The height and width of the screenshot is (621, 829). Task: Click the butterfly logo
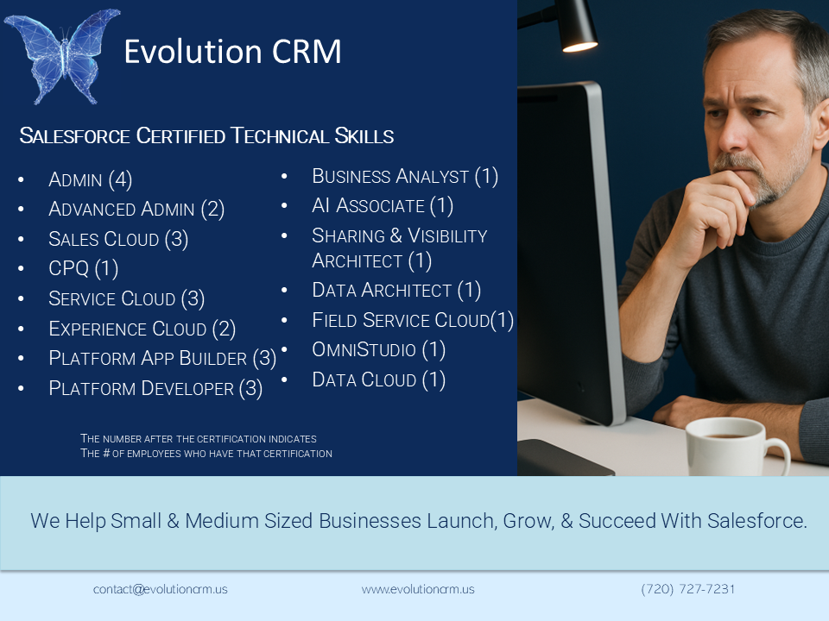click(62, 55)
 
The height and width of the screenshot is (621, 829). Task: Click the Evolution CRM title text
click(232, 52)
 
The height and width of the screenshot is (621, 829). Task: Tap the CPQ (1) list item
click(83, 269)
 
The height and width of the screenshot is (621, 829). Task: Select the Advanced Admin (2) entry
click(136, 209)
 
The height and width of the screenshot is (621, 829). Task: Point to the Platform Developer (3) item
click(155, 389)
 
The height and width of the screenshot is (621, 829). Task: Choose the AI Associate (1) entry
click(383, 206)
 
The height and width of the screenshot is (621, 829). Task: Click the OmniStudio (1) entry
click(378, 349)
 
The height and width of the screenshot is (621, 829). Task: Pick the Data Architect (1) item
click(396, 290)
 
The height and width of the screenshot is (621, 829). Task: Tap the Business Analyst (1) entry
click(405, 176)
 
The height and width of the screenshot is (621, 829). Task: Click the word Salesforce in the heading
click(74, 136)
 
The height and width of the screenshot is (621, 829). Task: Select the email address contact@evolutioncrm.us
click(161, 589)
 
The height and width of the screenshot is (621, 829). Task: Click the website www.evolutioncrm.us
click(418, 589)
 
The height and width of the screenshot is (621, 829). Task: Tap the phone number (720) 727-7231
click(688, 589)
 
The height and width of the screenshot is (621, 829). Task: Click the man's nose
click(733, 135)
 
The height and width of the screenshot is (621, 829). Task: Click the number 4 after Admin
click(120, 179)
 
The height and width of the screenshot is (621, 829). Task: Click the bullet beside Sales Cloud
click(21, 239)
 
